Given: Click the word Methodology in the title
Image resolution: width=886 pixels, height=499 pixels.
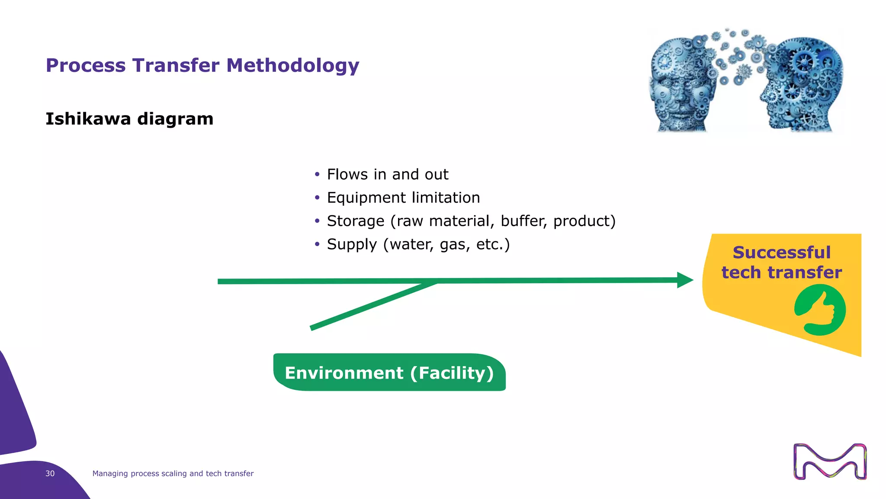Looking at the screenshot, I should coord(292,66).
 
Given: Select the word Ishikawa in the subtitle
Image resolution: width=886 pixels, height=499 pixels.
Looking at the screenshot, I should coord(88,119).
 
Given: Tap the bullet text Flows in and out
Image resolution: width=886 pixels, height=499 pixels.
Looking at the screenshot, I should coord(387,175).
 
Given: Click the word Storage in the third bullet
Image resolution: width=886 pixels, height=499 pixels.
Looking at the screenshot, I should coord(355,221).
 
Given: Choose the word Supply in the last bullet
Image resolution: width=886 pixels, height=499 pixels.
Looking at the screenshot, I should coord(352,245).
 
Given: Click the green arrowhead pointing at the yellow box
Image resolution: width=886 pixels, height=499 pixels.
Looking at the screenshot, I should coord(684,280).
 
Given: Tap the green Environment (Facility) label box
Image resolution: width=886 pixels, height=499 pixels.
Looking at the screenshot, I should coord(389,373).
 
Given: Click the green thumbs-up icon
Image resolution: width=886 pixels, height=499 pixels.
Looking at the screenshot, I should coord(820,310).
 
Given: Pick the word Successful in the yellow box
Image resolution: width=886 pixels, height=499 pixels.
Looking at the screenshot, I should coord(781,253).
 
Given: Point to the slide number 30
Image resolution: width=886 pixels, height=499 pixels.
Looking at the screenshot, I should coord(50,473).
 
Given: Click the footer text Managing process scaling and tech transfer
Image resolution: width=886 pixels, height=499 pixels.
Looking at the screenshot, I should coord(173,473).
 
